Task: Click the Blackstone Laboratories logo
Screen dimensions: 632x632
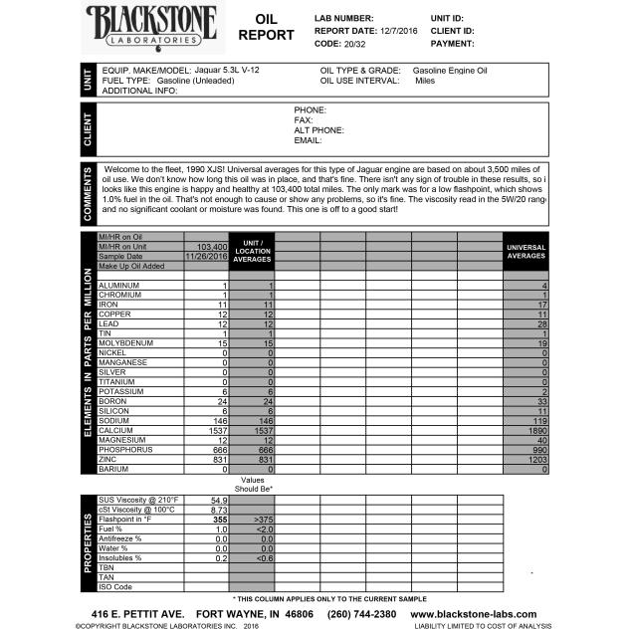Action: pos(153,24)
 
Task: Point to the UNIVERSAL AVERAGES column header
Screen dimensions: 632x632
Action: pos(526,250)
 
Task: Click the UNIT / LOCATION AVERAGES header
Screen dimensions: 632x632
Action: pos(252,250)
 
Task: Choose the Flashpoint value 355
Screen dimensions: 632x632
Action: pos(220,519)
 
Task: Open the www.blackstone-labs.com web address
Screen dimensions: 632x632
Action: pos(473,614)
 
